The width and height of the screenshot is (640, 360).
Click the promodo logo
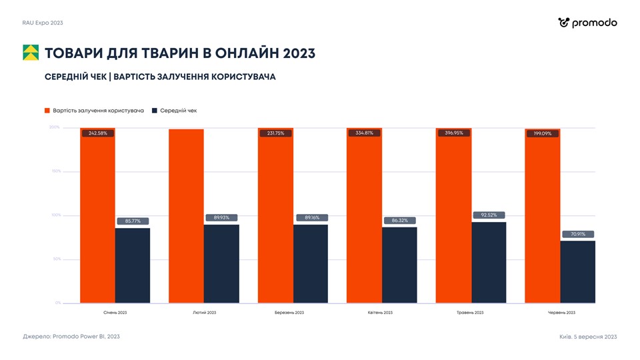coord(587,23)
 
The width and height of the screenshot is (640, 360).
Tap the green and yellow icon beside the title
coord(31,53)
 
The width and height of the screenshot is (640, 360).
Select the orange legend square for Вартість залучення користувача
coord(47,111)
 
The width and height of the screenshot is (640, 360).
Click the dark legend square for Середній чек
coord(155,111)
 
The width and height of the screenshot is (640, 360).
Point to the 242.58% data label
coord(98,133)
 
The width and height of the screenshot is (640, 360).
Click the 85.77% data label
coord(132,221)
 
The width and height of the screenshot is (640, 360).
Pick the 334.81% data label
coord(364,133)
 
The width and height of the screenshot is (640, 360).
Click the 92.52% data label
coord(489,215)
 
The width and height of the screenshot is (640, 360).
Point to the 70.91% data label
coord(577,234)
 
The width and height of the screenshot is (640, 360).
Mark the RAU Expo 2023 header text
coord(43,23)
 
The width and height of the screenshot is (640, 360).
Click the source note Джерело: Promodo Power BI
coord(71,337)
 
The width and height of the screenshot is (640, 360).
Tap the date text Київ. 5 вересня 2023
coord(588,337)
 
